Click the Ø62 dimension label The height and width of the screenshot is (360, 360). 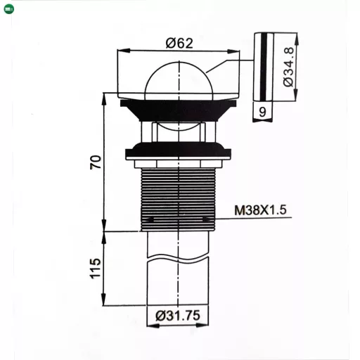coord(179,43)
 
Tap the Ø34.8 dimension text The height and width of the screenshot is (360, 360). coord(288,67)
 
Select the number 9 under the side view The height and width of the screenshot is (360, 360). coord(262,112)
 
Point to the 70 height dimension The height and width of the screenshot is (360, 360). coord(96,162)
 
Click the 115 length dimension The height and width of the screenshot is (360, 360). coord(96,269)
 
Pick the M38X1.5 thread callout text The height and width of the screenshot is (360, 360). coord(260,210)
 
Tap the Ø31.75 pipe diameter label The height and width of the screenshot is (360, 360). coord(178,316)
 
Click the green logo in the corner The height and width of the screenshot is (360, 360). coord(9,9)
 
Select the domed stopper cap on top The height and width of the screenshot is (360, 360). coord(179,79)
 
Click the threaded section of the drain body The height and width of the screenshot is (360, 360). coord(178,200)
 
